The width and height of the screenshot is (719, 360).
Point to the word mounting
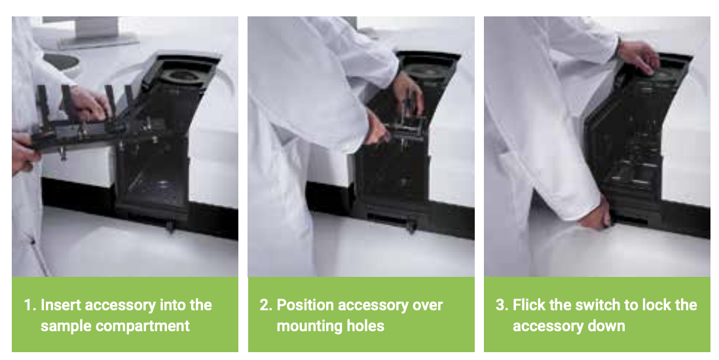[x=306, y=326]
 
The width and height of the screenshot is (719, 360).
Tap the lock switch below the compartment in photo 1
[x=170, y=226]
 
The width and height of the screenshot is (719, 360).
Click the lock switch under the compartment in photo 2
[x=411, y=226]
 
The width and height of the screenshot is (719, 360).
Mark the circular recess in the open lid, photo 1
[x=183, y=76]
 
